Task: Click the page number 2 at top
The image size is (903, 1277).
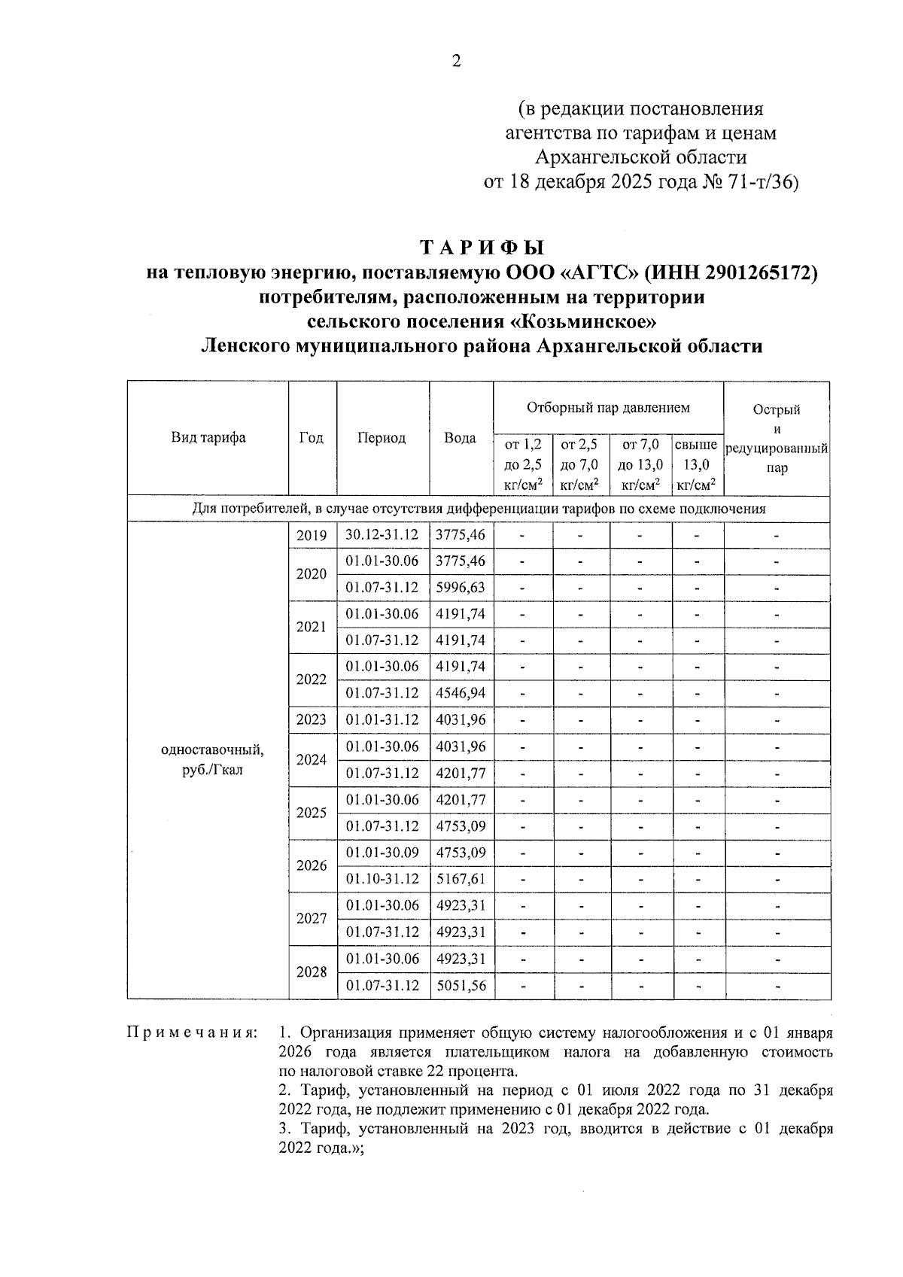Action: click(x=455, y=62)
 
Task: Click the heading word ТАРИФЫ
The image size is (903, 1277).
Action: click(x=482, y=248)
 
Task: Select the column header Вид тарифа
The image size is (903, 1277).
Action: click(x=208, y=438)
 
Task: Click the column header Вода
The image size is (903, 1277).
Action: click(x=460, y=438)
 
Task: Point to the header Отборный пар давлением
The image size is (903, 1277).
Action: click(x=608, y=408)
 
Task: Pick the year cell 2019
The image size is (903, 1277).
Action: click(x=312, y=536)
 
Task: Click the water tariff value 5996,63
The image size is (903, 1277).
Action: click(x=461, y=588)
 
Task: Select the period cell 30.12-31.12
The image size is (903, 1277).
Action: click(x=382, y=535)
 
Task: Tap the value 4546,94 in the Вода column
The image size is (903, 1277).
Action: click(x=461, y=693)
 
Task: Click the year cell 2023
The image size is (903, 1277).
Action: click(x=312, y=719)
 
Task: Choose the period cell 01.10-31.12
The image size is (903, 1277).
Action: click(x=382, y=879)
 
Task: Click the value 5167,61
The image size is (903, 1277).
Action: click(x=461, y=879)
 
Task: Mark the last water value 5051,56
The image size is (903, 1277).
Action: click(x=461, y=985)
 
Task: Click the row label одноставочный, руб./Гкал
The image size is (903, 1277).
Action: click(x=212, y=760)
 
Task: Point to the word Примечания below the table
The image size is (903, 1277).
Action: click(x=191, y=1032)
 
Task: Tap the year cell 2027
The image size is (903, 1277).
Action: click(x=312, y=919)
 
